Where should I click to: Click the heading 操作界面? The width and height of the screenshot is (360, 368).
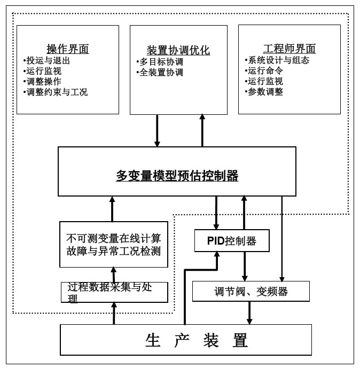click(x=67, y=50)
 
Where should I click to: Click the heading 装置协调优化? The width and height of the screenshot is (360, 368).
click(x=178, y=51)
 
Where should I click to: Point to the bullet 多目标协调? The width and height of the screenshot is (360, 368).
click(x=161, y=62)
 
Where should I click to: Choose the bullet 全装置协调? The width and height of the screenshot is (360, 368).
click(x=161, y=72)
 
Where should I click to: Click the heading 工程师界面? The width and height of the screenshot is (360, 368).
click(x=289, y=49)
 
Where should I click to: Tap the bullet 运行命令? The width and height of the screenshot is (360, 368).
click(x=265, y=71)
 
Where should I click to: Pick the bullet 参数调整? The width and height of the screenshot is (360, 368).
click(x=265, y=91)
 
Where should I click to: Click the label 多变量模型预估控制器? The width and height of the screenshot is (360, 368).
click(x=177, y=176)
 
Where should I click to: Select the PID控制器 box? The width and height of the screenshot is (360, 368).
click(x=231, y=241)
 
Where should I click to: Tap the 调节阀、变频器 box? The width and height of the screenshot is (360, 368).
click(x=251, y=292)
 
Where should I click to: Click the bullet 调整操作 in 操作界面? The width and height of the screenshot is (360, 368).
click(x=43, y=82)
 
